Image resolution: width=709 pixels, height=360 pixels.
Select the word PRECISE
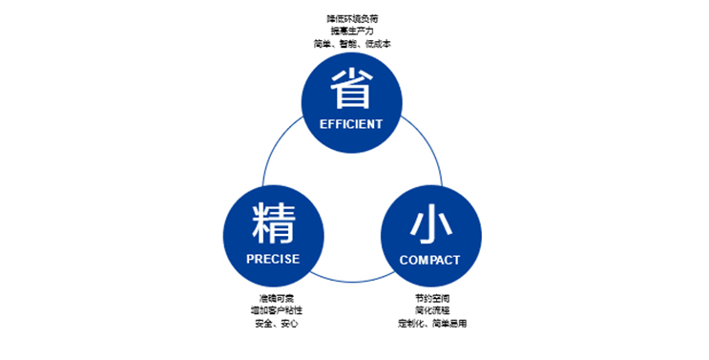click(273, 259)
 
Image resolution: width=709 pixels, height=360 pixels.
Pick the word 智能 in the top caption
click(351, 44)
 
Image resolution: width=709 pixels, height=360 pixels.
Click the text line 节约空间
click(431, 299)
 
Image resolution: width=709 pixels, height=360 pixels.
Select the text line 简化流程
click(431, 311)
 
